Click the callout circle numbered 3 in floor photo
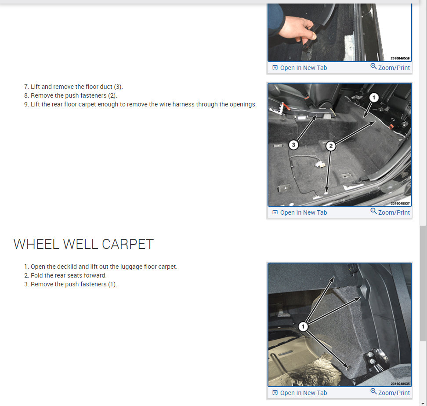click(293, 145)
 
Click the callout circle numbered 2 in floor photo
click(331, 146)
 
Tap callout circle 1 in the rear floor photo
click(374, 97)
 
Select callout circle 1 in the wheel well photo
click(303, 326)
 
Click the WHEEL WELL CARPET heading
click(83, 244)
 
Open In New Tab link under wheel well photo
click(300, 393)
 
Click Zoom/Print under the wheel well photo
click(390, 392)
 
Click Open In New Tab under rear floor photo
click(300, 212)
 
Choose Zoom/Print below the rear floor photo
click(390, 212)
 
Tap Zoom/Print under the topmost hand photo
click(390, 67)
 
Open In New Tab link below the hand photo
click(300, 68)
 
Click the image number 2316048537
click(400, 203)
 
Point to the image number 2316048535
click(400, 384)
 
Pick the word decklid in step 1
click(67, 267)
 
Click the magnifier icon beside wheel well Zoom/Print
click(373, 391)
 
